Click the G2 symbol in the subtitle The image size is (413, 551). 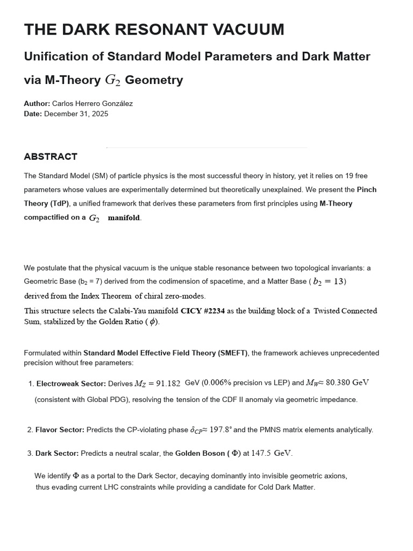tap(112, 81)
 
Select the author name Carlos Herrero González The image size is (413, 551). tap(92, 103)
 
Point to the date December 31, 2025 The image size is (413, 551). tap(76, 114)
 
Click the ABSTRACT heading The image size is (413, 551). tap(51, 157)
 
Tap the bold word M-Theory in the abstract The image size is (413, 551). tap(336, 204)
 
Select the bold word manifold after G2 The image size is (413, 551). tap(124, 218)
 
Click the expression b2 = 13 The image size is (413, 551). tap(329, 281)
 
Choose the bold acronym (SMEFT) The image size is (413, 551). tap(232, 353)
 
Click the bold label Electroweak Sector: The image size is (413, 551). tap(70, 384)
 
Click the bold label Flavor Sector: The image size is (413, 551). tap(60, 430)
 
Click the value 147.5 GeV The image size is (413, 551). tap(272, 453)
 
